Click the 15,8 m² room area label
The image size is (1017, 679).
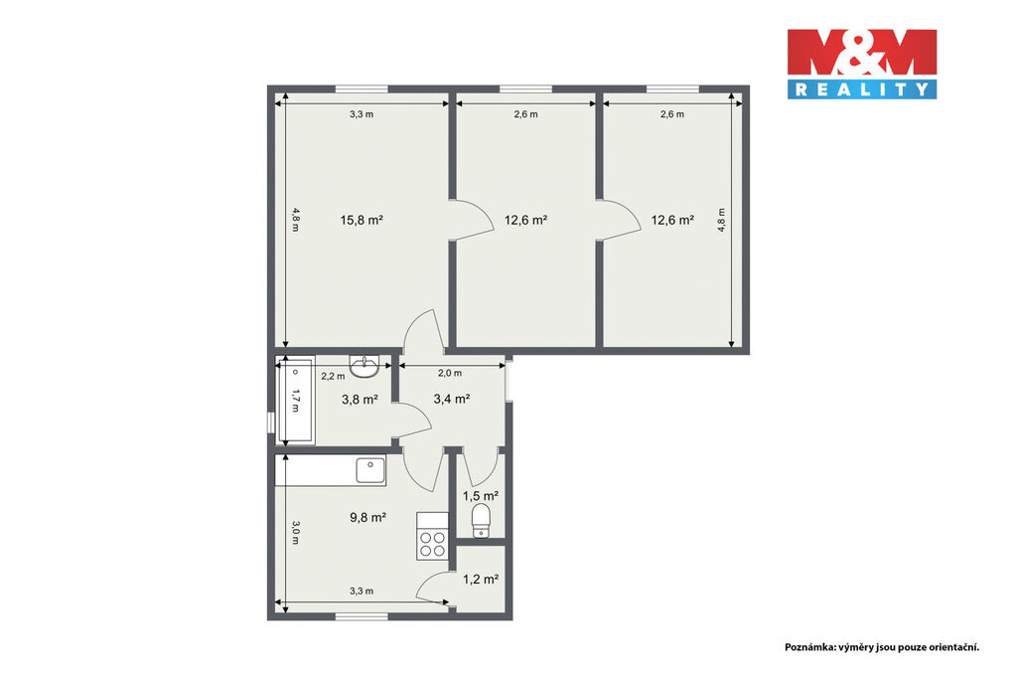pyautogui.click(x=362, y=220)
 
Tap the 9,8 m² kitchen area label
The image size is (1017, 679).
pyautogui.click(x=367, y=517)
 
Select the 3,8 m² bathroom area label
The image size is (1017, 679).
pyautogui.click(x=360, y=400)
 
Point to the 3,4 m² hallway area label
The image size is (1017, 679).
pyautogui.click(x=452, y=399)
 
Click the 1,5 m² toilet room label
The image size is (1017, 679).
pyautogui.click(x=481, y=497)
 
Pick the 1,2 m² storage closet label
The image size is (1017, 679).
pyautogui.click(x=481, y=579)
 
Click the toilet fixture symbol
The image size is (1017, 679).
pyautogui.click(x=481, y=521)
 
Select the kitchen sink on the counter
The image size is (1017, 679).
pyautogui.click(x=370, y=470)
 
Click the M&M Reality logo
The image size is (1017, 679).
pyautogui.click(x=862, y=64)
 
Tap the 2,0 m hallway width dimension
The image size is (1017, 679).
pyautogui.click(x=450, y=373)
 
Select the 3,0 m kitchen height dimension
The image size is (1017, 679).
pyautogui.click(x=296, y=532)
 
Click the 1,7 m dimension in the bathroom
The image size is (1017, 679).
pyautogui.click(x=296, y=400)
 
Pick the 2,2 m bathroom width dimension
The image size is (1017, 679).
pyautogui.click(x=334, y=376)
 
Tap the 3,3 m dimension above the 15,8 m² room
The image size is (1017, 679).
pyautogui.click(x=362, y=114)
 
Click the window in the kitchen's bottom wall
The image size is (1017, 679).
pyautogui.click(x=362, y=615)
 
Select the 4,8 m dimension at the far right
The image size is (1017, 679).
pyautogui.click(x=721, y=220)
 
